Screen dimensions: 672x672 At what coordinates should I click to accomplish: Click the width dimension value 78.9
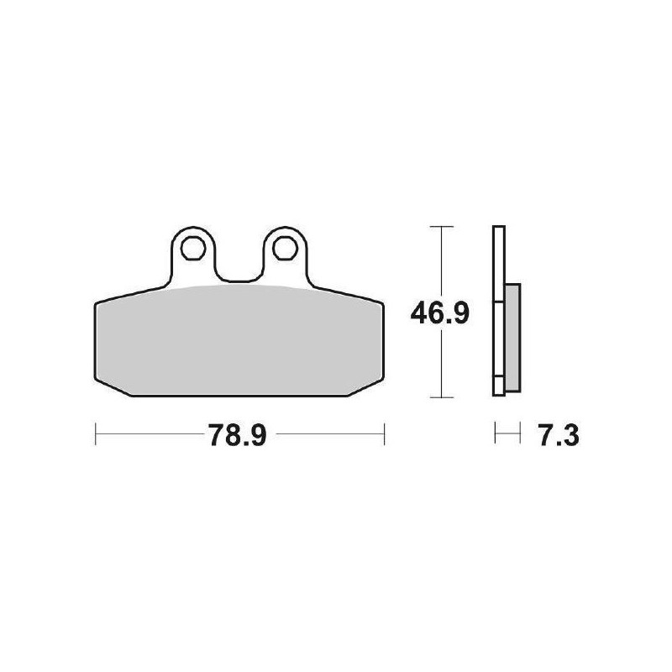coord(237,436)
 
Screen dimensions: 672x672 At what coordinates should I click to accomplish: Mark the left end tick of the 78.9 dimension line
coord(97,435)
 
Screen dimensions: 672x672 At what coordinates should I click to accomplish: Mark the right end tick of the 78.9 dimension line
coord(384,435)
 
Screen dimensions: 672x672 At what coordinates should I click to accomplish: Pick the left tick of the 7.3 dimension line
coord(496,435)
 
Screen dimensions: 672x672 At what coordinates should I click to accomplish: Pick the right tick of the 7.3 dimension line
coord(510,435)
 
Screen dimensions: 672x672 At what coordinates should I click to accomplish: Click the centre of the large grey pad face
coord(238,340)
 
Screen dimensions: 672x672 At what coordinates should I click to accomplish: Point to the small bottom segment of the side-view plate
coord(498,386)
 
